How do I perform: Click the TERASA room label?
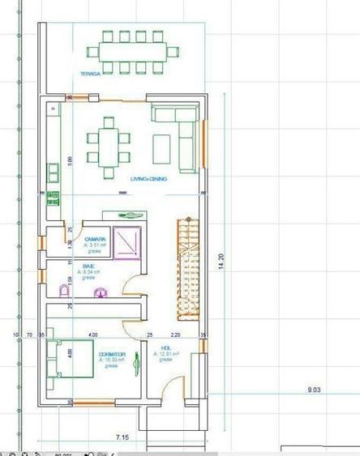click(89, 74)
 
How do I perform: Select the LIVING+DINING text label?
click(148, 179)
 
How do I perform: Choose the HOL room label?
click(166, 349)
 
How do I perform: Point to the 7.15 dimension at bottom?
click(122, 437)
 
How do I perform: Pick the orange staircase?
click(188, 267)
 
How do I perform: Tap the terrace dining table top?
click(133, 51)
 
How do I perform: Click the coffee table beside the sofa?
click(162, 147)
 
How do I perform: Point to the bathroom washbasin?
click(101, 291)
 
